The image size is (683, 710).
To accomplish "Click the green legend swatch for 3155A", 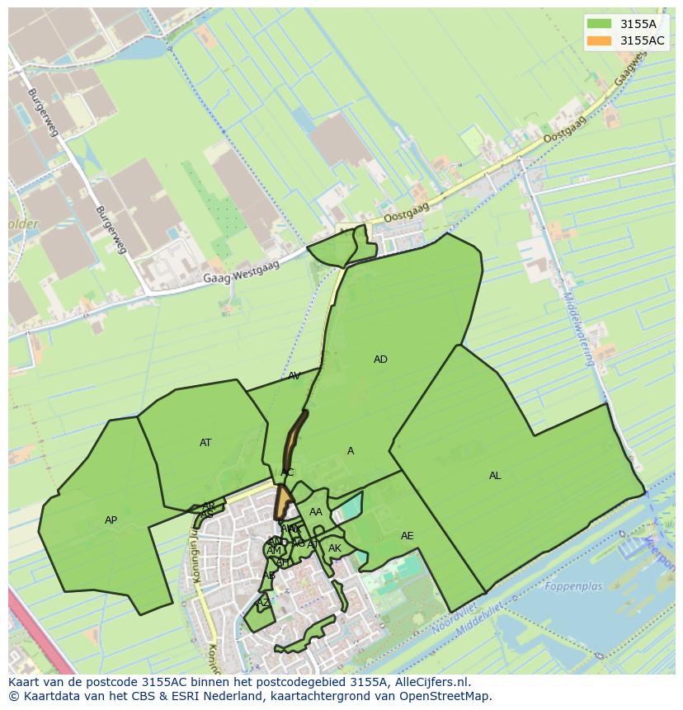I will [600, 25].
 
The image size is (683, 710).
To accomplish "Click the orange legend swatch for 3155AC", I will [600, 40].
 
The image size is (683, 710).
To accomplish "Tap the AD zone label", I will [380, 360].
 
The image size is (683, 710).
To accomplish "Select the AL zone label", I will [495, 476].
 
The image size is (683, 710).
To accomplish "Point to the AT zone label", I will [205, 443].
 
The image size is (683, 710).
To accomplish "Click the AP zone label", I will [111, 520].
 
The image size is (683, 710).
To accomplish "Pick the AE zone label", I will [407, 536].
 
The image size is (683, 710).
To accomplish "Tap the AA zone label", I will [316, 512].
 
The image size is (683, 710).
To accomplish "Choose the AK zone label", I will [335, 548].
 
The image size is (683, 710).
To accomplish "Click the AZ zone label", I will [263, 603].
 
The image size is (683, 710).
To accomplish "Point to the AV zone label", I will [294, 376].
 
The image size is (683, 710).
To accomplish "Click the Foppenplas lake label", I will [573, 587].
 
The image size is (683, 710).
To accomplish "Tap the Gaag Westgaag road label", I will [242, 273].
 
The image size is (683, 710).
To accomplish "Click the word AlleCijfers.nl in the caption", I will [429, 682].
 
